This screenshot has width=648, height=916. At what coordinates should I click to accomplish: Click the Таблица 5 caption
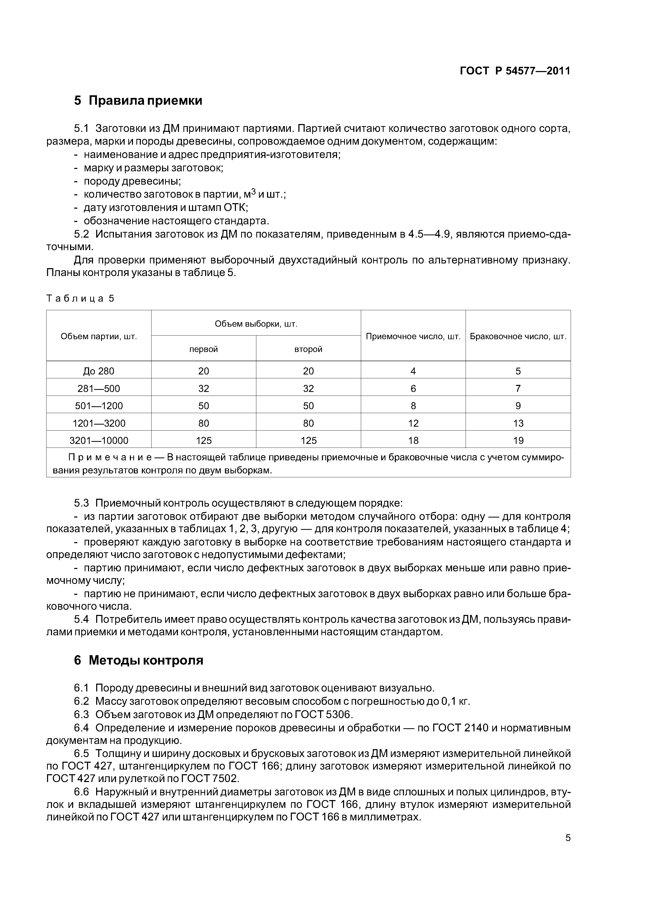(80, 298)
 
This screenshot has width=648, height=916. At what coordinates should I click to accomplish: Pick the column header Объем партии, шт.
(99, 336)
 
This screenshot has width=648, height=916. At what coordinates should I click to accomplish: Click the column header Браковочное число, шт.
(518, 336)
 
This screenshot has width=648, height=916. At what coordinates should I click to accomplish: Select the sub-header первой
(203, 349)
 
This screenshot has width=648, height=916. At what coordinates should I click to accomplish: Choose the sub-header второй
(308, 349)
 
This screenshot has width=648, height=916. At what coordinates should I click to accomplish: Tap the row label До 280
(99, 371)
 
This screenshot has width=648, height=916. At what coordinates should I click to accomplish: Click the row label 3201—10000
(99, 441)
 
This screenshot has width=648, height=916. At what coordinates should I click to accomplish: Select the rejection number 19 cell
(518, 441)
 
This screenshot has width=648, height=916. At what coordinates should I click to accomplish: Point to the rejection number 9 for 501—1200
(518, 406)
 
